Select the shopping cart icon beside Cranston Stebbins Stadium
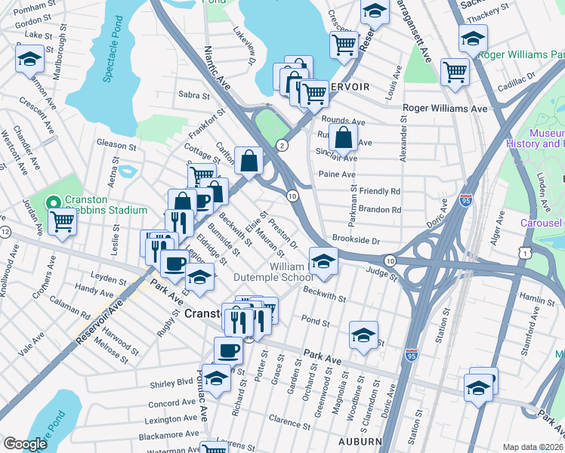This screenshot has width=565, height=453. tap(62, 222)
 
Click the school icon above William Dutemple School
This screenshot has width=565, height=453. tap(323, 260)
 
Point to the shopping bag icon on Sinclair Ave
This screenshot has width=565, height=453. tap(343, 137)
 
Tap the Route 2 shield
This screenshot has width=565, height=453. tap(282, 145)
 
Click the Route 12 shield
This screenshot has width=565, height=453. tap(5, 231)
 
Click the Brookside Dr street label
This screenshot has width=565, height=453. tap(354, 240)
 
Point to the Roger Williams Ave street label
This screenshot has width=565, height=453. tap(445, 108)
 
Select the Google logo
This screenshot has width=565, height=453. tap(25, 444)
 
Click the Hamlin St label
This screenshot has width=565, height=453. tap(538, 300)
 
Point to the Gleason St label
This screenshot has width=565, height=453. tap(115, 143)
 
